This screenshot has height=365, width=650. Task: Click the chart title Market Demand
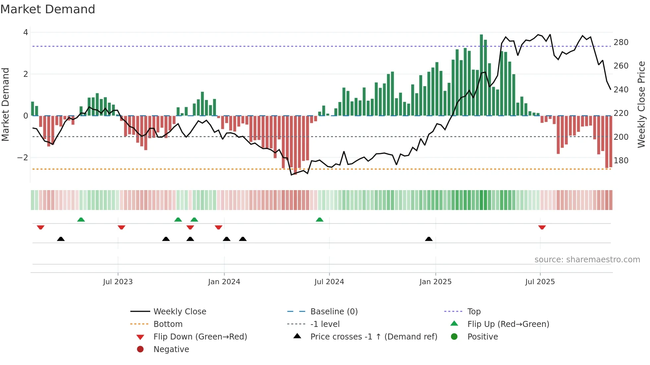click(x=48, y=9)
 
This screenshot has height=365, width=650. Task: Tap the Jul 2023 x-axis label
click(x=118, y=282)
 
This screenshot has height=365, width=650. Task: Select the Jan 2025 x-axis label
click(x=435, y=282)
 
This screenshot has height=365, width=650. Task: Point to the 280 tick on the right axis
click(x=621, y=42)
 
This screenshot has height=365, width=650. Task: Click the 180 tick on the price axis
click(x=621, y=161)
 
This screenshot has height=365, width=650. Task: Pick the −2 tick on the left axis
click(x=23, y=158)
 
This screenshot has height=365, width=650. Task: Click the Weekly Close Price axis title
click(x=641, y=104)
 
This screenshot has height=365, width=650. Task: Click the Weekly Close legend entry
click(x=179, y=312)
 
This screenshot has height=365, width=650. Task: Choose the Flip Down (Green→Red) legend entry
click(x=200, y=337)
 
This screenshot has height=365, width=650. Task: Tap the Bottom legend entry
click(x=168, y=324)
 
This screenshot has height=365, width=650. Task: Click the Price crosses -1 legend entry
click(x=373, y=337)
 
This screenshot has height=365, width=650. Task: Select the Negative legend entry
click(x=171, y=349)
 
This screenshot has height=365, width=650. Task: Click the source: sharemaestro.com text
click(x=587, y=260)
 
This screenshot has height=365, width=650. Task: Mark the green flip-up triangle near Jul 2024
click(x=319, y=220)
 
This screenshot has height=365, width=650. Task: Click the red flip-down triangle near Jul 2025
click(x=542, y=227)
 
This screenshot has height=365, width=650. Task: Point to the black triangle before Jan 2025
click(x=429, y=239)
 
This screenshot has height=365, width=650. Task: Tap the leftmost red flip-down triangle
click(x=40, y=227)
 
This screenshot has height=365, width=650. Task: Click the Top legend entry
click(x=474, y=312)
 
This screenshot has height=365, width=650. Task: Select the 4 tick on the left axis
click(x=26, y=32)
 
